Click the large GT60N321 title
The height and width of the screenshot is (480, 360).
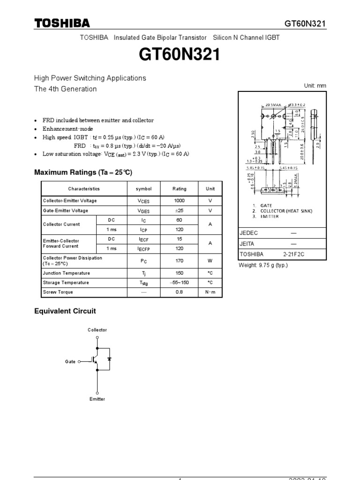(180, 56)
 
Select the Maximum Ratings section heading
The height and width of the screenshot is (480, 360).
(83, 172)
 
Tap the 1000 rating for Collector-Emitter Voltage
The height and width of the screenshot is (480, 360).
(179, 201)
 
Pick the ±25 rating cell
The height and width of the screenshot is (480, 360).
(179, 210)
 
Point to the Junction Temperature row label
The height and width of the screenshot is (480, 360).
(66, 273)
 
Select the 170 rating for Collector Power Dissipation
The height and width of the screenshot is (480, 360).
(179, 261)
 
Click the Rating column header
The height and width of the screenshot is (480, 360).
(179, 189)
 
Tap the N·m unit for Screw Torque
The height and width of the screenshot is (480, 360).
(210, 292)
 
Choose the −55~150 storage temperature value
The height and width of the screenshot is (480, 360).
(179, 283)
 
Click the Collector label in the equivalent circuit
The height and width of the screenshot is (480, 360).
(97, 330)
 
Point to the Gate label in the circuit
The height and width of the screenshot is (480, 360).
(70, 362)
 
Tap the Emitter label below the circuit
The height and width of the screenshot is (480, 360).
(97, 399)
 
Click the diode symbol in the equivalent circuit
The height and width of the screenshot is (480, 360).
(109, 359)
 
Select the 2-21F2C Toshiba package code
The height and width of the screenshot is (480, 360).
(293, 254)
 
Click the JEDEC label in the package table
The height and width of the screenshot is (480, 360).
(249, 233)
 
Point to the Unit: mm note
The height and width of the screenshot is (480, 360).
(315, 86)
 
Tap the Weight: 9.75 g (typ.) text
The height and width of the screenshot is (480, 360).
(263, 265)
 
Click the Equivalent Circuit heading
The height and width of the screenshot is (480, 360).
(65, 311)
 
